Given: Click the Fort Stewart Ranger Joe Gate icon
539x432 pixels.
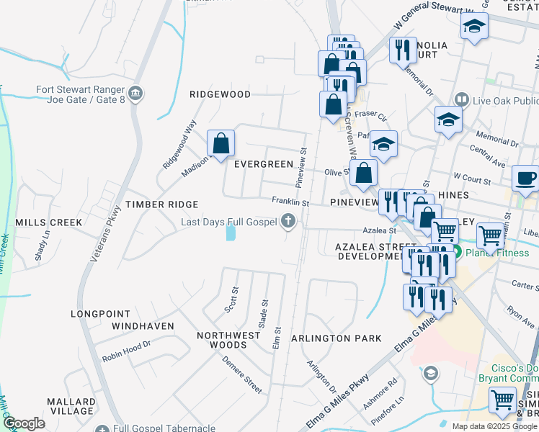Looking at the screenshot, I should [135, 94].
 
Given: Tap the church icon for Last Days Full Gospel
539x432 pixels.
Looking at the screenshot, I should [288, 222].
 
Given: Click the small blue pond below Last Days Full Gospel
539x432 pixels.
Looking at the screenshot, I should [230, 233].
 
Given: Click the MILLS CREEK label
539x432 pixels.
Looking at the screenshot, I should [49, 222].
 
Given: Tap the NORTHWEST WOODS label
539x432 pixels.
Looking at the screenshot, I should [228, 340].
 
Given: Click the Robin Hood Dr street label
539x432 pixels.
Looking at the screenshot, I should [126, 350].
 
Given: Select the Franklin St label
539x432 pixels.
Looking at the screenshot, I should [290, 203].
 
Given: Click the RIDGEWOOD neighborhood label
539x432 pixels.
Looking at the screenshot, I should [220, 94].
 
